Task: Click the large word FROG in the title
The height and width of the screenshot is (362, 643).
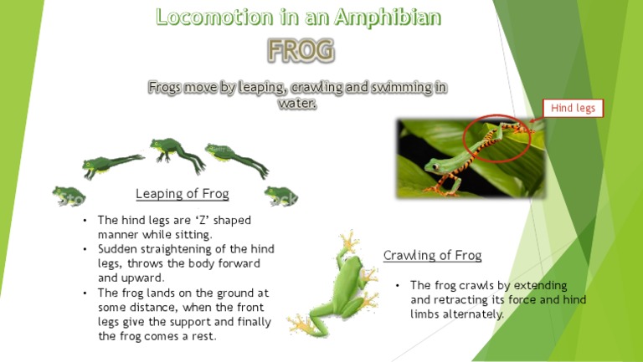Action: coord(300,52)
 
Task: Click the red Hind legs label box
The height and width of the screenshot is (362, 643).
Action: coord(573,108)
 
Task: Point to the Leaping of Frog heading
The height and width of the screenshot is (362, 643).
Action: coord(182,194)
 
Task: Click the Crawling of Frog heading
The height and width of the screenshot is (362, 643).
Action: coord(432,255)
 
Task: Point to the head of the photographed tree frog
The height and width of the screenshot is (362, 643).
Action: coord(436,164)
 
